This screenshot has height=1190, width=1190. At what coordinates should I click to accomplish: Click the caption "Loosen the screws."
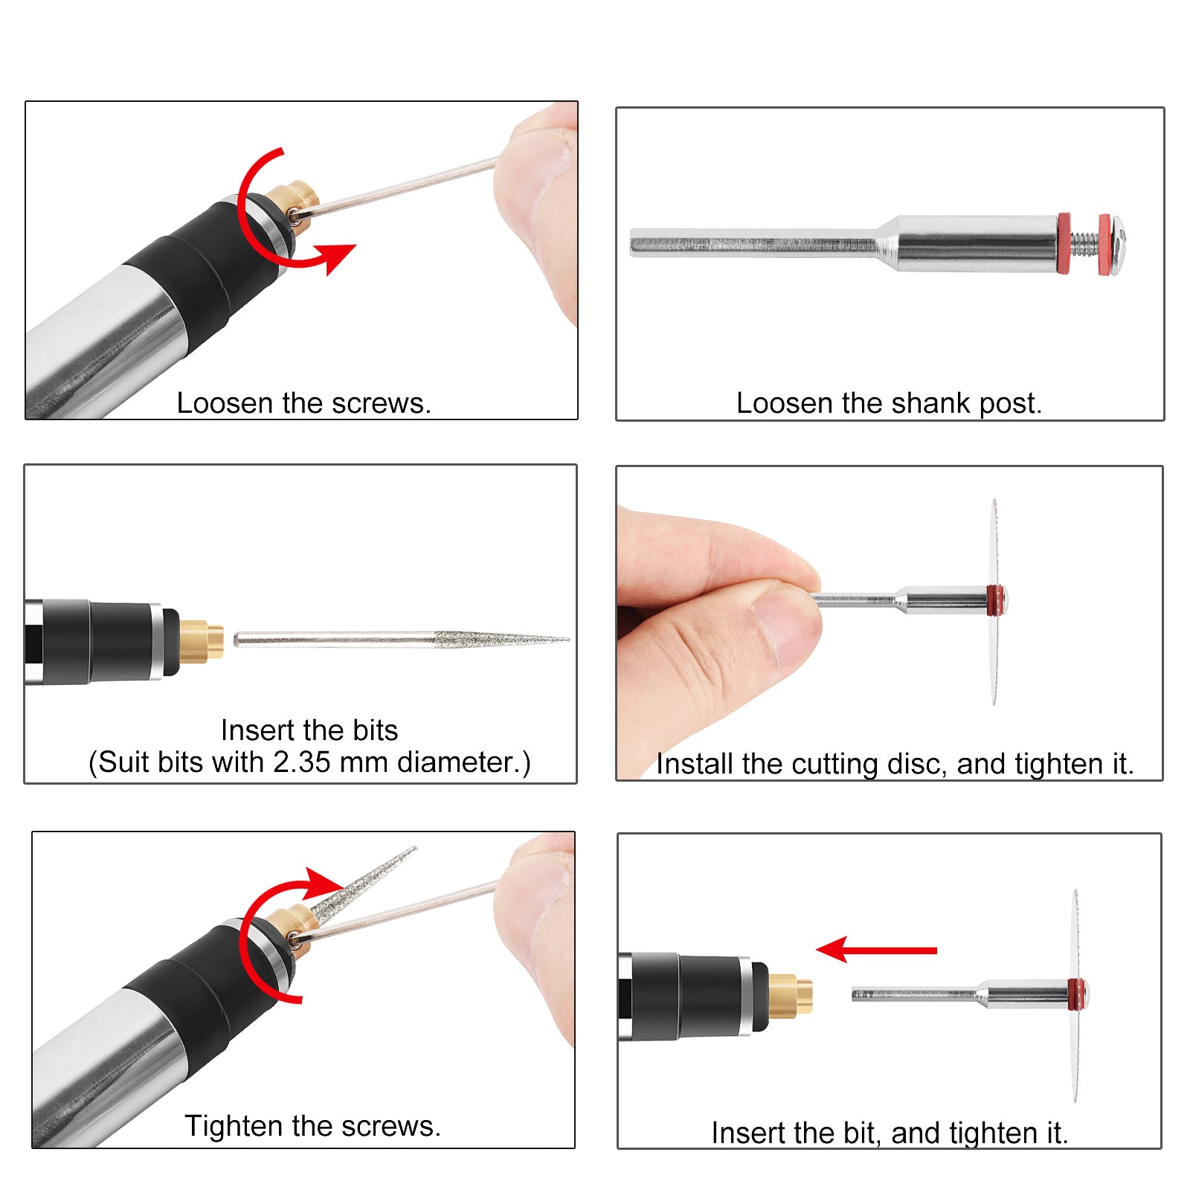(x=304, y=403)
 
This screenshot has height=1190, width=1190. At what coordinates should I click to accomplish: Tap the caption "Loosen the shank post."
(x=889, y=403)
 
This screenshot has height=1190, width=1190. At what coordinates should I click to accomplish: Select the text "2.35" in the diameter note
(x=301, y=762)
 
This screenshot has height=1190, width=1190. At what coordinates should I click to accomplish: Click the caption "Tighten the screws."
(x=312, y=1126)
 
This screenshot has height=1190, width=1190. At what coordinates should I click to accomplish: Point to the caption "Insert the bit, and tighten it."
(x=890, y=1133)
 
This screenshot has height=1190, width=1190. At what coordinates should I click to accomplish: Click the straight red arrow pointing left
(x=876, y=950)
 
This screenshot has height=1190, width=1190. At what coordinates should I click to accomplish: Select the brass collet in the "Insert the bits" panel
(x=202, y=640)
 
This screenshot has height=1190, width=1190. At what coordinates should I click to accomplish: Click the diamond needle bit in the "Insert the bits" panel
(x=402, y=639)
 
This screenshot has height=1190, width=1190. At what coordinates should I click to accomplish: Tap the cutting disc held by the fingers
(x=994, y=602)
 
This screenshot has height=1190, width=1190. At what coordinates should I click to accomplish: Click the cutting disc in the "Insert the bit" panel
(x=1075, y=994)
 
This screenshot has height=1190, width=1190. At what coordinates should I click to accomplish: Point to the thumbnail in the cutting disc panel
(x=785, y=621)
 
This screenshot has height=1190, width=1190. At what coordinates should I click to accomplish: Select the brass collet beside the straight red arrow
(x=790, y=995)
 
